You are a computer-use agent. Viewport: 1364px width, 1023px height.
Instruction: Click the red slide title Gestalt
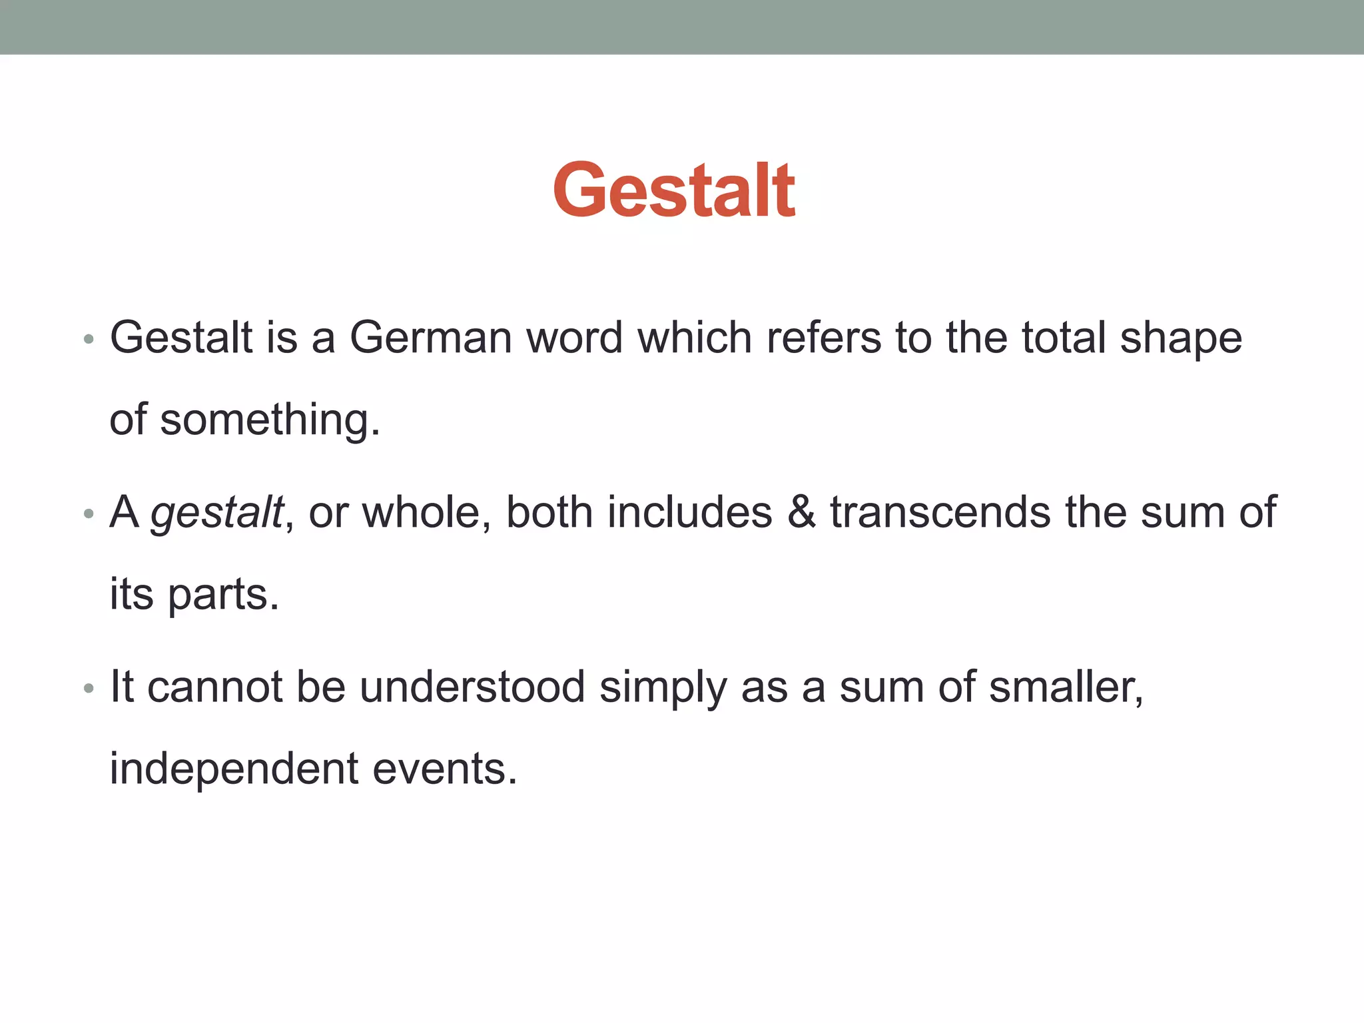click(x=674, y=191)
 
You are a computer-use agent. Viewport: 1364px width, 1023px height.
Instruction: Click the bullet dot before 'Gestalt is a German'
click(x=89, y=340)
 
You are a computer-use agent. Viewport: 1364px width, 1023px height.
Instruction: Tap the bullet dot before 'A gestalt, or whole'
click(x=89, y=515)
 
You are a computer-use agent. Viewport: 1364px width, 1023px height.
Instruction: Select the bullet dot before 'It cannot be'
click(x=89, y=689)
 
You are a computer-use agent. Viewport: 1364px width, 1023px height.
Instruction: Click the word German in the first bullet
click(x=430, y=337)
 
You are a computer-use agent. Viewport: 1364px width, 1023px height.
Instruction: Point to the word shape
click(x=1181, y=338)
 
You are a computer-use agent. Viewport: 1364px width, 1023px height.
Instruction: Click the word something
click(x=269, y=420)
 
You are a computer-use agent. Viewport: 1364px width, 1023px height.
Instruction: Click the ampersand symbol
click(x=801, y=512)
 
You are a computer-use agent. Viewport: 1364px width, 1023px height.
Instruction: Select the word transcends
click(x=940, y=512)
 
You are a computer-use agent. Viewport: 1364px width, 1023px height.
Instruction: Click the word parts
click(x=222, y=595)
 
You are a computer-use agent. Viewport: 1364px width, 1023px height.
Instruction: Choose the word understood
click(x=472, y=687)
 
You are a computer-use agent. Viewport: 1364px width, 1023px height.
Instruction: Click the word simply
click(x=663, y=688)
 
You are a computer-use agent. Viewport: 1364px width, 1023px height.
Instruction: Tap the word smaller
click(x=1066, y=687)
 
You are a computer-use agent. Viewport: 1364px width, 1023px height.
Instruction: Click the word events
click(x=444, y=769)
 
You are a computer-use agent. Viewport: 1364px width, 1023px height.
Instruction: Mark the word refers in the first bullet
click(x=824, y=337)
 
